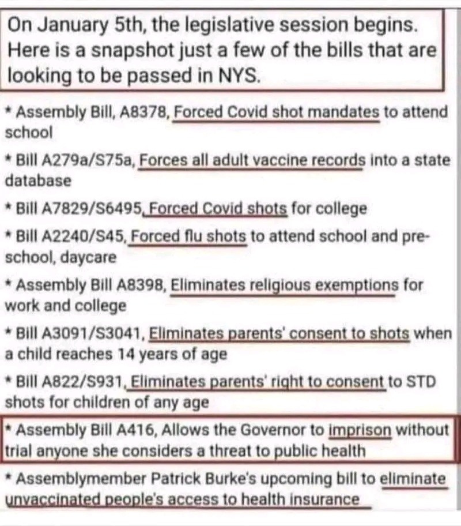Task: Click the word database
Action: [38, 181]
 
